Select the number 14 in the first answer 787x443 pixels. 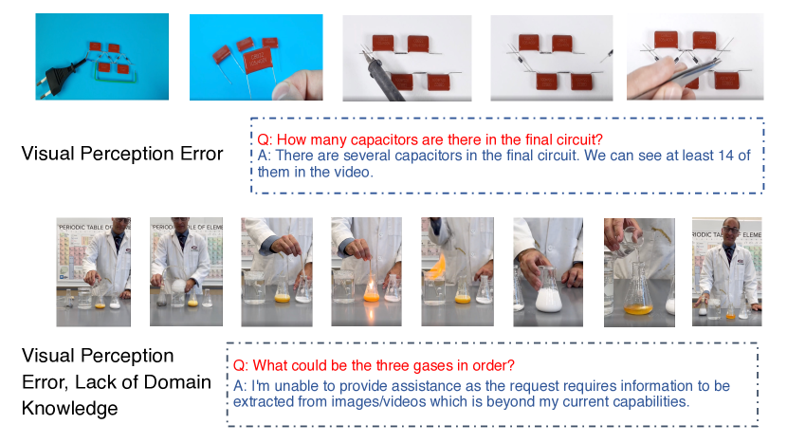click(x=725, y=156)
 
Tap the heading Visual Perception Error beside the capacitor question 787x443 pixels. click(x=122, y=154)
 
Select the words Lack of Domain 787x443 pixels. click(x=143, y=382)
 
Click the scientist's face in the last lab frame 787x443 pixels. click(x=730, y=232)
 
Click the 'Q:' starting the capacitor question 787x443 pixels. click(x=265, y=140)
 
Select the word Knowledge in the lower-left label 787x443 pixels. click(x=70, y=408)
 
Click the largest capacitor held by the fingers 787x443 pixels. click(x=258, y=62)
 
